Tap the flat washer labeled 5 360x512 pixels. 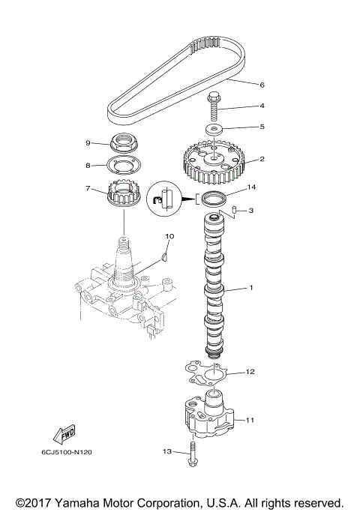tap(215, 130)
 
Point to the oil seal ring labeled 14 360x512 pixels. tap(213, 198)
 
